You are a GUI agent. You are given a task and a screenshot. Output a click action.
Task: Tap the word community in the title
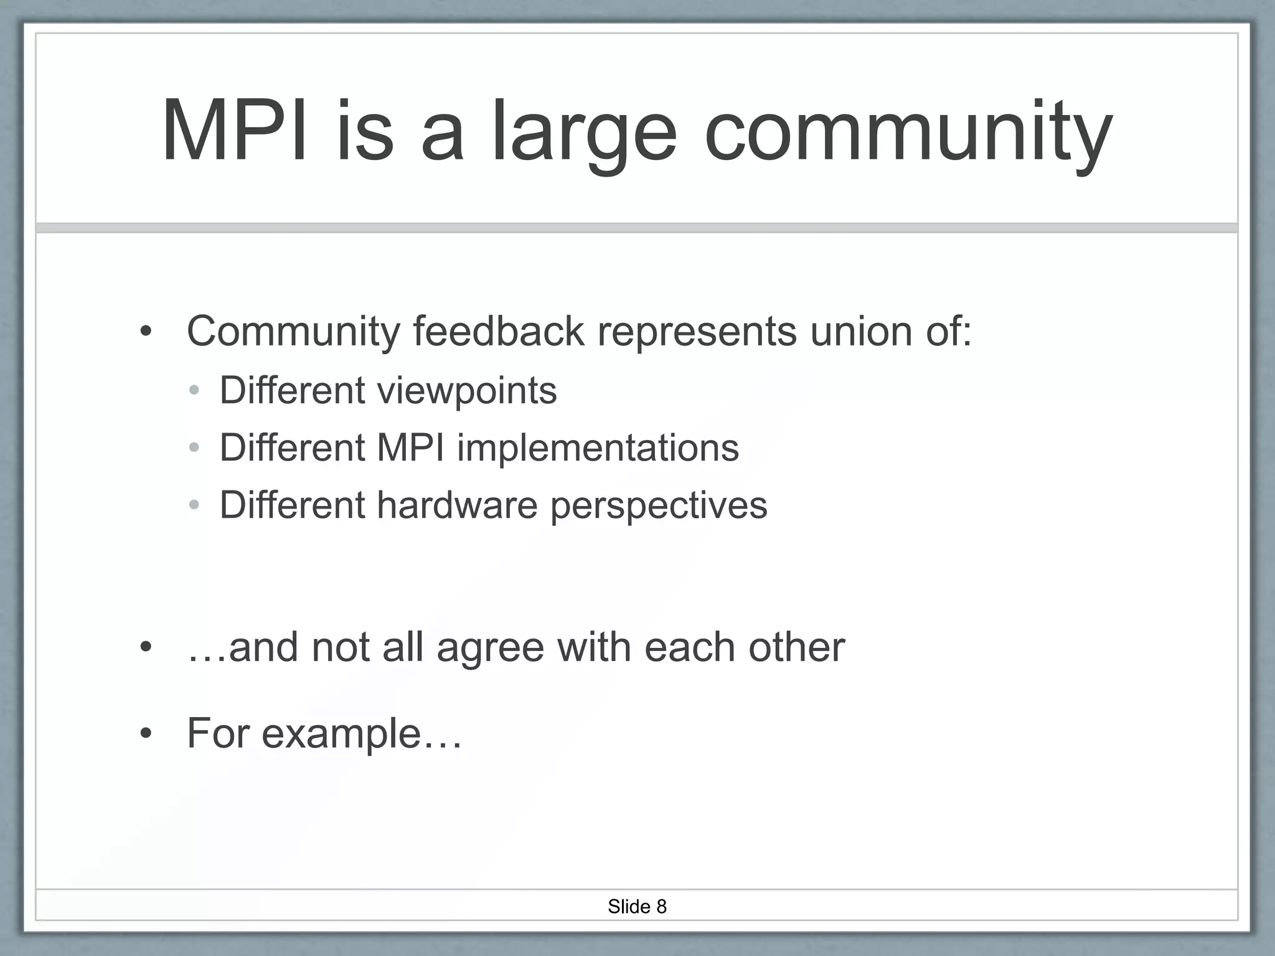(908, 134)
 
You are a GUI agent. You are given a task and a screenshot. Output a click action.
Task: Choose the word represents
(697, 332)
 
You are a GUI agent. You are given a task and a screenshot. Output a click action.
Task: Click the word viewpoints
(466, 391)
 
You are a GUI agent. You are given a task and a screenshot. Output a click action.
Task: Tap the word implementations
(598, 448)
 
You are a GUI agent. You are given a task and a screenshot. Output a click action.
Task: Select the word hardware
(457, 505)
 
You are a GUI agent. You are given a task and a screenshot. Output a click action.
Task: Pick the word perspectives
(659, 506)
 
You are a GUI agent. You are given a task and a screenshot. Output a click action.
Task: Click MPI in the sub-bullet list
(410, 448)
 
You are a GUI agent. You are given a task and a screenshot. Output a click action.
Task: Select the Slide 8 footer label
(637, 906)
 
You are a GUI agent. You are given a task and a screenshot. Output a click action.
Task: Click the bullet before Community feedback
(146, 332)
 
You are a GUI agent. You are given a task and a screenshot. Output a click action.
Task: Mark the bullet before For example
(146, 734)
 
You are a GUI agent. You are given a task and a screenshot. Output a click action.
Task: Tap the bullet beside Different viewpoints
(194, 391)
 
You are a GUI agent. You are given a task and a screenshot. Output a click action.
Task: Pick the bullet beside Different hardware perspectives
(194, 505)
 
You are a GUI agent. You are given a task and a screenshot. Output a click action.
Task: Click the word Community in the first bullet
(293, 332)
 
